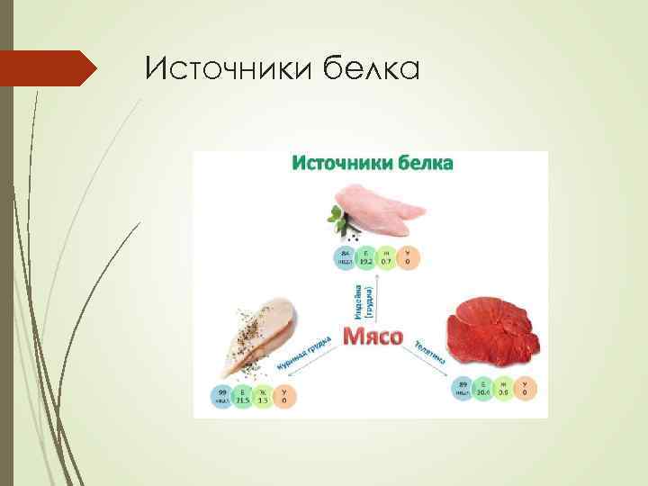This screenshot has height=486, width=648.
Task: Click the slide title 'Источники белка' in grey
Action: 282,68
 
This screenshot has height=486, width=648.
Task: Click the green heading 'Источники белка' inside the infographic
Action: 371,163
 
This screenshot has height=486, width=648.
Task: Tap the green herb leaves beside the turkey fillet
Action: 337,215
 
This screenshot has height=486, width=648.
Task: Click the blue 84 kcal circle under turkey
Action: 345,257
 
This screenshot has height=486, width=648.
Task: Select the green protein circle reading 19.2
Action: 365,257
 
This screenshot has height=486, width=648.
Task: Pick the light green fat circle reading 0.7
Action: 386,257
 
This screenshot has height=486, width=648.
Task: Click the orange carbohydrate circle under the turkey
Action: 408,257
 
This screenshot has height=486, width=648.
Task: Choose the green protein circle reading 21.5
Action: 242,397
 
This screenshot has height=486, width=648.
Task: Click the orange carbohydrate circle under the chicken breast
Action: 284,397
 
